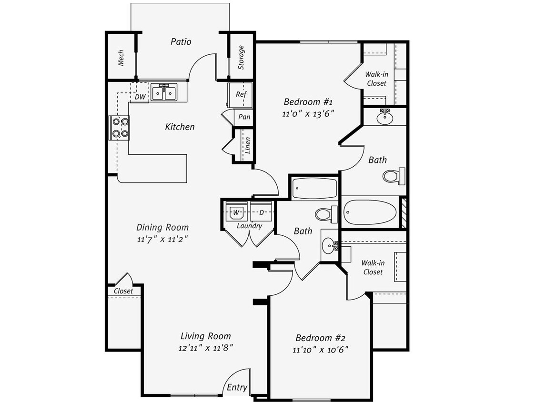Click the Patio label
pos(181,42)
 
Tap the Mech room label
pos(121,58)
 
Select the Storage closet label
pos(241,57)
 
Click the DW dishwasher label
pos(140,97)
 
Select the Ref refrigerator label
pos(241,94)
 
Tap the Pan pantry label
pos(244,117)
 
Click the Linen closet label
pos(248,145)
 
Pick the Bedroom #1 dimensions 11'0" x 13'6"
pos(308,114)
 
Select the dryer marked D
pos(261,211)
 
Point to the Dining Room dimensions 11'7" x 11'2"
pos(162,240)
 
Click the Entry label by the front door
pos(237,387)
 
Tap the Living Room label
pos(206,336)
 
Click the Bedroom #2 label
pos(320,338)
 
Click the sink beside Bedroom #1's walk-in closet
pos(385,117)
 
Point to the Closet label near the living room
pos(123,291)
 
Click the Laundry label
pos(249,226)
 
